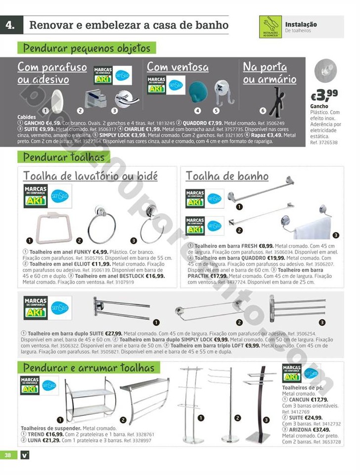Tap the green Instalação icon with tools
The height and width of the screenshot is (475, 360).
pos(270,27)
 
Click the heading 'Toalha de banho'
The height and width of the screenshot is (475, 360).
pos(227,176)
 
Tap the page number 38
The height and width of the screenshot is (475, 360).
pos(7,455)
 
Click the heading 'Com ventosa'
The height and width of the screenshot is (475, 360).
pos(178,67)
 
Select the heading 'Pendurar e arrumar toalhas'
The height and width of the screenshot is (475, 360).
pos(89,368)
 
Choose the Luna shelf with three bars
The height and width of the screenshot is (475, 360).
pos(144,396)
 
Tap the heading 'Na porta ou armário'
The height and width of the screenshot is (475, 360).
pos(270,73)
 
